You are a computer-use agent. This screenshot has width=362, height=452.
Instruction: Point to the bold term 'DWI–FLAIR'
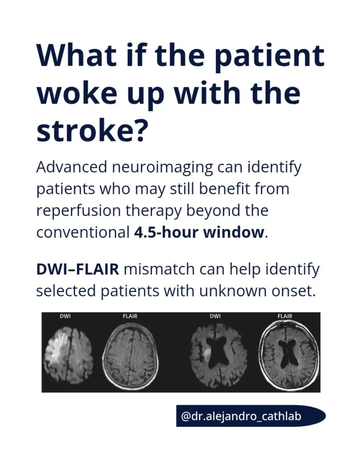click(x=77, y=269)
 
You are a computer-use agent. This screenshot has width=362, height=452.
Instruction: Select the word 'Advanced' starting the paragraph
click(x=71, y=168)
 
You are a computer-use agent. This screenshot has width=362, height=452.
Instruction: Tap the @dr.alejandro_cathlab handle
click(x=241, y=416)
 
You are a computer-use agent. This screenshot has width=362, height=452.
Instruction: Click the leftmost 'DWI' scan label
click(x=65, y=316)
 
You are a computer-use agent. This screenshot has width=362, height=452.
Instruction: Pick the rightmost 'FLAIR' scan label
click(x=285, y=316)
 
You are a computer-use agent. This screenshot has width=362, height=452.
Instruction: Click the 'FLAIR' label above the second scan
click(x=130, y=316)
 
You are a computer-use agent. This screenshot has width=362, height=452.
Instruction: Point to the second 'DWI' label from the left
click(x=215, y=316)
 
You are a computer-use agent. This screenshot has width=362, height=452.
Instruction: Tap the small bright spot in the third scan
click(x=207, y=354)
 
